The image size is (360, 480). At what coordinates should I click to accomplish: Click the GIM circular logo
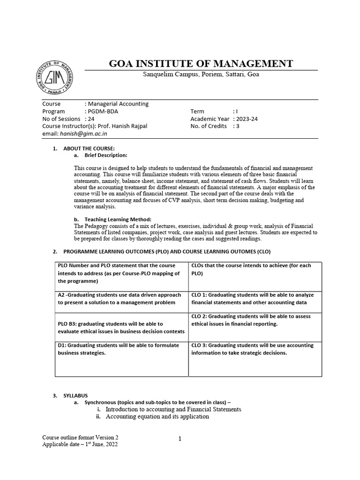pos(55,78)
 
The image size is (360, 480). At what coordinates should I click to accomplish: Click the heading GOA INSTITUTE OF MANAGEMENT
pos(201,63)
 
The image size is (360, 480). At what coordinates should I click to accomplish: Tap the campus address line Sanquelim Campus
pos(201,75)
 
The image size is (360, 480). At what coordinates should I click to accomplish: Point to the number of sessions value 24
pos(91,119)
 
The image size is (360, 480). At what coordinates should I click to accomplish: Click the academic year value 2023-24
pos(247,119)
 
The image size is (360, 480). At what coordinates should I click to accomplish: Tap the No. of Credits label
pos(209,126)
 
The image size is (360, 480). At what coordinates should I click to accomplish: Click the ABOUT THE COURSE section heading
pos(89,149)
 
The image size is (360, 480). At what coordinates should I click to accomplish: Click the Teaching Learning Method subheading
pos(118,219)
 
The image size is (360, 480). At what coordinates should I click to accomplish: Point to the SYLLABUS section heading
pos(75,396)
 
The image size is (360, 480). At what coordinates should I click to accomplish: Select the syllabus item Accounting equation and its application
pos(157,416)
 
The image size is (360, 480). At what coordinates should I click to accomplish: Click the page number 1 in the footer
pos(180,439)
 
